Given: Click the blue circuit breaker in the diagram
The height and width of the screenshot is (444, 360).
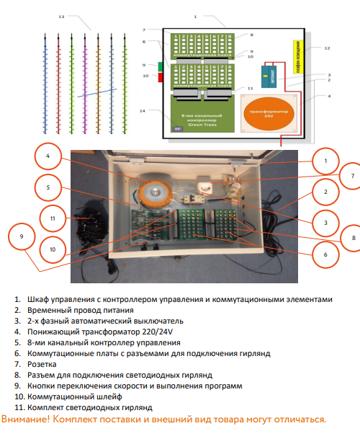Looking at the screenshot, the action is (x=273, y=75).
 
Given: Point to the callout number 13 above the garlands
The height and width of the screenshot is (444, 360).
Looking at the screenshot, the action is (x=61, y=16).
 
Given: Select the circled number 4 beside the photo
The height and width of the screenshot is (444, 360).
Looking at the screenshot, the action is (x=48, y=156).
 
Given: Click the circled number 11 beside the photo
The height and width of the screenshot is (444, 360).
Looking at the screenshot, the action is (x=51, y=217).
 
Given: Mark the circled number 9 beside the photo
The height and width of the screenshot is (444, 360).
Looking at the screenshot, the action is (x=22, y=236).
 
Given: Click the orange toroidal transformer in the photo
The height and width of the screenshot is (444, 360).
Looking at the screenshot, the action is (x=153, y=191).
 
